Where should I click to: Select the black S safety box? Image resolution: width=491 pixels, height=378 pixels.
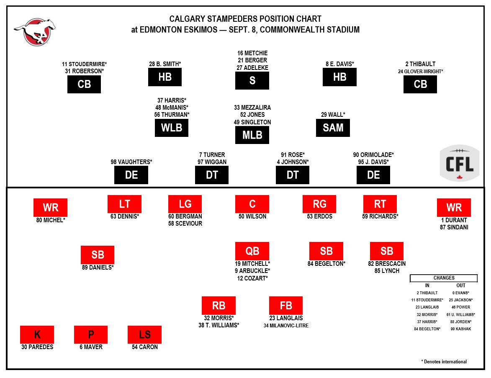coord(252,80)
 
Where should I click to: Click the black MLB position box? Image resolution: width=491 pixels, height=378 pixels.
coord(252,135)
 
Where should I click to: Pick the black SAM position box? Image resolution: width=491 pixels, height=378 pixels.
coord(333,128)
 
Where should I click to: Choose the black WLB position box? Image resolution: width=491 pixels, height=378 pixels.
coord(172,128)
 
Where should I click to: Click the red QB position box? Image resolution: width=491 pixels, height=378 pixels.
coord(252,251)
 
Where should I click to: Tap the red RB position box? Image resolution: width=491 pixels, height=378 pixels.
coord(219,306)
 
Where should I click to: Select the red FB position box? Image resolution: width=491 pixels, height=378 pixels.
coord(286,306)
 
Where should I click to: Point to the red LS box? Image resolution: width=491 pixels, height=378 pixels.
coord(144,334)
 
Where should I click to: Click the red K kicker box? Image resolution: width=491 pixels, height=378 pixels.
coord(37,334)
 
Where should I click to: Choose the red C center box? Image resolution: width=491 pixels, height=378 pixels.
coord(252,204)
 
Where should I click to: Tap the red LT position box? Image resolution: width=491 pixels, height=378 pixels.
coord(124,204)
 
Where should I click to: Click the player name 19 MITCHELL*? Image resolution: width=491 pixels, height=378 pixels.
coord(252,264)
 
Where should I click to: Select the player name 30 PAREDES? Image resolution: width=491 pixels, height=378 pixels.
coord(37,347)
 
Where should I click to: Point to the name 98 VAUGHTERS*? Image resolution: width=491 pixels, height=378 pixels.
coord(131,162)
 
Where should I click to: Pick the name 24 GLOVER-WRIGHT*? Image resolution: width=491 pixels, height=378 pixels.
coord(420,72)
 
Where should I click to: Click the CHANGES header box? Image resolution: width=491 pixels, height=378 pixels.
coord(444,278)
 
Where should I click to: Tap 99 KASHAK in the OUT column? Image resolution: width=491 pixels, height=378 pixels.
coord(460,329)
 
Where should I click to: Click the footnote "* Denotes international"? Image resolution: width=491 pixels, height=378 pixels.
coord(444,362)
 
